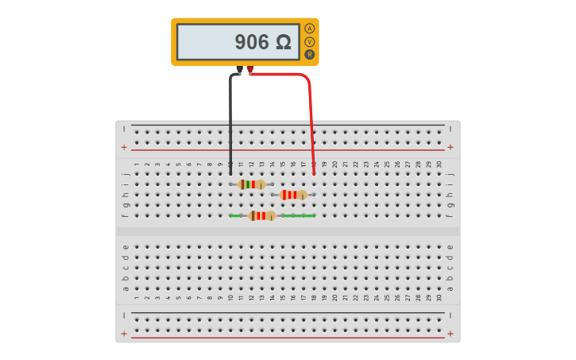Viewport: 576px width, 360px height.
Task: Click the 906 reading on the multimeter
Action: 252,42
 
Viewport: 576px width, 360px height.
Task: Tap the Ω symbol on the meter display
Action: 284,42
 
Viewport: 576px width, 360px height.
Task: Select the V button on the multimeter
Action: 310,41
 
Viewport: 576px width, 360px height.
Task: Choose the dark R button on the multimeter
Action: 310,54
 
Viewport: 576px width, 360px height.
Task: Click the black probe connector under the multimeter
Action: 239,71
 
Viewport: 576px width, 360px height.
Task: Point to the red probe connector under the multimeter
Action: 250,70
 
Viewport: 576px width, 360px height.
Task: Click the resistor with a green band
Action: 252,184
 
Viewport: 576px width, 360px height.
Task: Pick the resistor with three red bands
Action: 293,195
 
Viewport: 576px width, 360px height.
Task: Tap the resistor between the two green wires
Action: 261,215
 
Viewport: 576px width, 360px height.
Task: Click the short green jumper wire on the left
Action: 236,215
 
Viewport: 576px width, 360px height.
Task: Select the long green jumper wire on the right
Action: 299,215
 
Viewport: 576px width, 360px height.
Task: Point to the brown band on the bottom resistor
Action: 253,215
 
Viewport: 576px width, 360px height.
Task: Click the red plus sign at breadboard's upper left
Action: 124,147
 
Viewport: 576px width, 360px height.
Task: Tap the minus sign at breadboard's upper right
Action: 450,129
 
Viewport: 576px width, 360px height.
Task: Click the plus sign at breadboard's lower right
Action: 450,334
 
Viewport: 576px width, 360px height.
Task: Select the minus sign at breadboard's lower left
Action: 124,315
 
